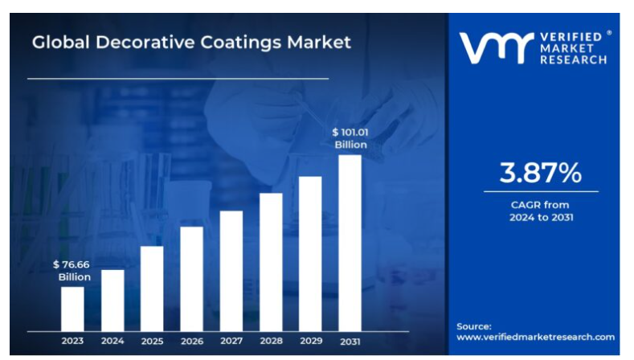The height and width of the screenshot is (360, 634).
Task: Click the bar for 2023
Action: pos(72,309)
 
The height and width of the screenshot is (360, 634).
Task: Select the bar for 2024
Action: pos(112,300)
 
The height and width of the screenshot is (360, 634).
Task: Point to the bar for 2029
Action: pos(310,253)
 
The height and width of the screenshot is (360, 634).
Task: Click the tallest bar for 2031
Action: pos(350,243)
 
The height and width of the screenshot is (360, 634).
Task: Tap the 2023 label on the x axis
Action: pos(72,342)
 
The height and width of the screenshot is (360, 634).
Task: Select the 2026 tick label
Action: pos(191,342)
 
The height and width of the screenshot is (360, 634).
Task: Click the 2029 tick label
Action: pos(310,342)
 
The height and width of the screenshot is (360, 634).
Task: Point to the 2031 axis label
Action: pos(350,342)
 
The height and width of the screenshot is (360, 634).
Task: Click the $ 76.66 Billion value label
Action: pos(72,270)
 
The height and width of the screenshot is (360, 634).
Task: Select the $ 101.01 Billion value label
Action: pos(350,138)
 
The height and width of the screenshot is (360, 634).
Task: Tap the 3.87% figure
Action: pos(540,172)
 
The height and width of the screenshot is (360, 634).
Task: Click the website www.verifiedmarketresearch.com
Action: pos(535,337)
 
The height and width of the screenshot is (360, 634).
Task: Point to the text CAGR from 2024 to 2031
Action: pos(540,211)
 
